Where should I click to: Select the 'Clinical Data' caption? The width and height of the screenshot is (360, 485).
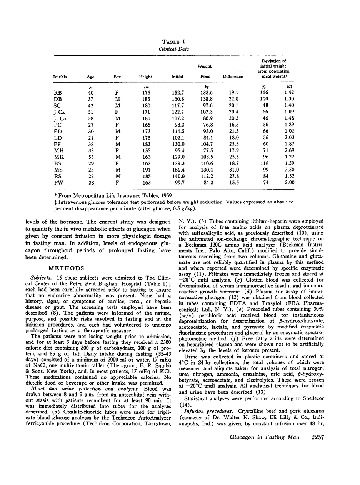click(174, 49)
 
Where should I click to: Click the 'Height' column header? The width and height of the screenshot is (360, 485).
click(145, 77)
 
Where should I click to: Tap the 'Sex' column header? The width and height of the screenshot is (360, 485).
click(117, 77)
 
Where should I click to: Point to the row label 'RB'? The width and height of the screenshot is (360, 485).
click(58, 92)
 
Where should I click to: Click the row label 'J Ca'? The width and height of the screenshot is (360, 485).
click(60, 112)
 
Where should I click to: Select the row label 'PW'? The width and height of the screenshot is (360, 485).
click(58, 183)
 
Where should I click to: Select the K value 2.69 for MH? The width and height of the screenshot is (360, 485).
click(289, 150)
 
